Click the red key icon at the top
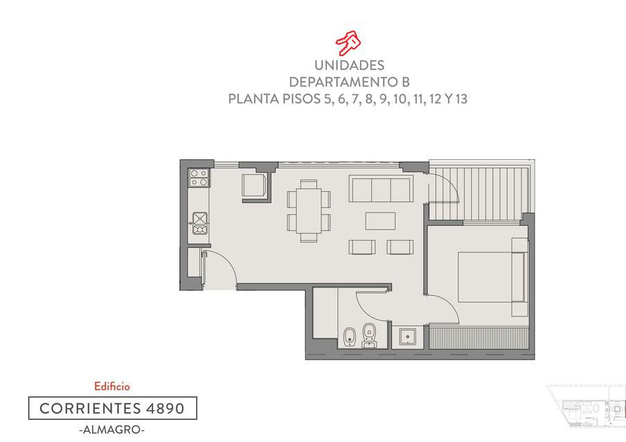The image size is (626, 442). tap(348, 42)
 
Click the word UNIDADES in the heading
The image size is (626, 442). tap(349, 65)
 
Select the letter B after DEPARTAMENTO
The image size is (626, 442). tap(405, 82)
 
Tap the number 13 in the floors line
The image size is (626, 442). tap(460, 99)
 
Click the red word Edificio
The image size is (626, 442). tap(112, 386)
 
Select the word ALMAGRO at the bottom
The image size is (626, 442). tap(112, 430)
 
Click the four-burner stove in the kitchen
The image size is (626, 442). tap(199, 178)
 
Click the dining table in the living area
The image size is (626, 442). tap(309, 211)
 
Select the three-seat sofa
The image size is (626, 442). tap(380, 189)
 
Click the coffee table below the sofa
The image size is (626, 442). tap(380, 221)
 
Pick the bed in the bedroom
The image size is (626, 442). tap(492, 276)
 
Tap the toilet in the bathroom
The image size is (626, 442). tap(369, 335)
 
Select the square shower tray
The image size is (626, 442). tap(407, 338)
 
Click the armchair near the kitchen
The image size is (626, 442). tap(254, 185)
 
